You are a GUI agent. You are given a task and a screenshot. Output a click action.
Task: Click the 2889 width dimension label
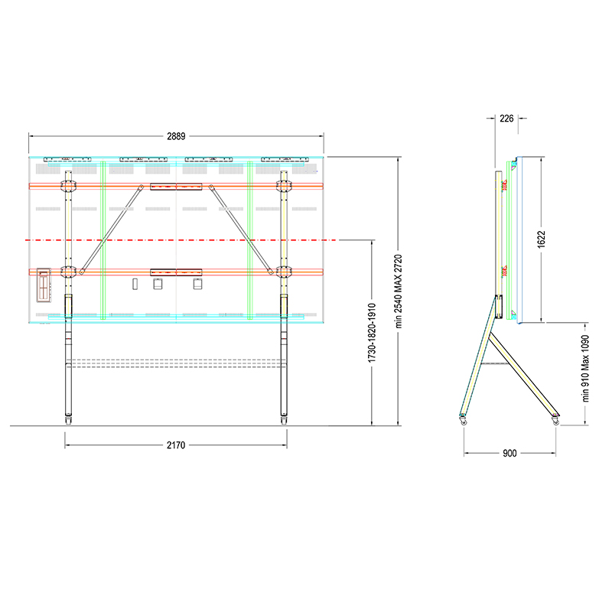pyautogui.click(x=176, y=136)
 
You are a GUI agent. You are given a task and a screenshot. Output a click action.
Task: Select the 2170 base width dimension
pyautogui.click(x=176, y=445)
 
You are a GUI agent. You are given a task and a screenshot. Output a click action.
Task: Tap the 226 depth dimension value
pyautogui.click(x=506, y=119)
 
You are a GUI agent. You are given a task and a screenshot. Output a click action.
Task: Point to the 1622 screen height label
pyautogui.click(x=541, y=239)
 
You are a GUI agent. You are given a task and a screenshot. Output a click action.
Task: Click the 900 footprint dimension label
pyautogui.click(x=509, y=453)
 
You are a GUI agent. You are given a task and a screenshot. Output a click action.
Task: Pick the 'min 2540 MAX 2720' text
pyautogui.click(x=398, y=291)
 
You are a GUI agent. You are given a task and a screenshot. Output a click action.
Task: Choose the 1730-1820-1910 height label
pyautogui.click(x=372, y=333)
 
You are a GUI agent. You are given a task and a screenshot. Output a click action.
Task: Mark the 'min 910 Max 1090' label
pyautogui.click(x=585, y=369)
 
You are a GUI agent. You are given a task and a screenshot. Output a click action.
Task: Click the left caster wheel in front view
pyautogui.click(x=68, y=420)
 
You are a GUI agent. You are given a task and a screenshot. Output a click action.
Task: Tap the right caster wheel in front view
pyautogui.click(x=284, y=420)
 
